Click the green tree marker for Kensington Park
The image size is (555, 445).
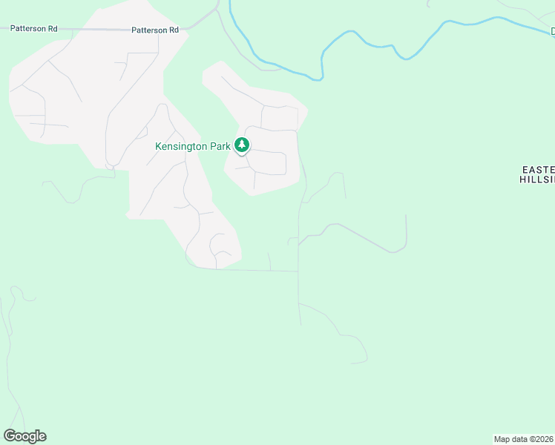click(242, 145)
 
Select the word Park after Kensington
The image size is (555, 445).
click(221, 147)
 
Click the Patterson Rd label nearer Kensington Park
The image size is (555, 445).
click(155, 30)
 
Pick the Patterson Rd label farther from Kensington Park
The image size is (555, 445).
click(35, 28)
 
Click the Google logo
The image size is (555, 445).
click(25, 436)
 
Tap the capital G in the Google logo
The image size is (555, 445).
click(10, 435)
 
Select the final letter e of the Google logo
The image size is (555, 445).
click(42, 437)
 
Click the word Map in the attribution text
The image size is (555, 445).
click(502, 439)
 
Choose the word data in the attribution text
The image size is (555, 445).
click(519, 439)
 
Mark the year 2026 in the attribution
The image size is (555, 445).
click(545, 439)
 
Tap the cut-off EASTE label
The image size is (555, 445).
click(537, 169)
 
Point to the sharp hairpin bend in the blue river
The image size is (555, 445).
click(323, 76)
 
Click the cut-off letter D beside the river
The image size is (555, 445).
click(553, 31)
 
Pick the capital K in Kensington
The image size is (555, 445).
click(158, 147)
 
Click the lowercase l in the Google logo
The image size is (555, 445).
click(37, 435)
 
